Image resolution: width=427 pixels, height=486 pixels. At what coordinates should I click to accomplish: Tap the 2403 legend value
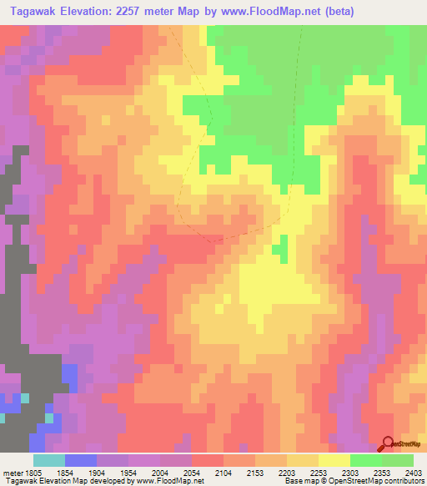click(x=414, y=472)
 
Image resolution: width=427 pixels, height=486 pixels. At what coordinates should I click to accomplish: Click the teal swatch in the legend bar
click(x=49, y=460)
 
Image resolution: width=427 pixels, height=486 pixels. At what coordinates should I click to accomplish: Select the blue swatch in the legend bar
click(x=81, y=460)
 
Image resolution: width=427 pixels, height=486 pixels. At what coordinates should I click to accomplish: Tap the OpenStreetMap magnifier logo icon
click(x=387, y=443)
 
